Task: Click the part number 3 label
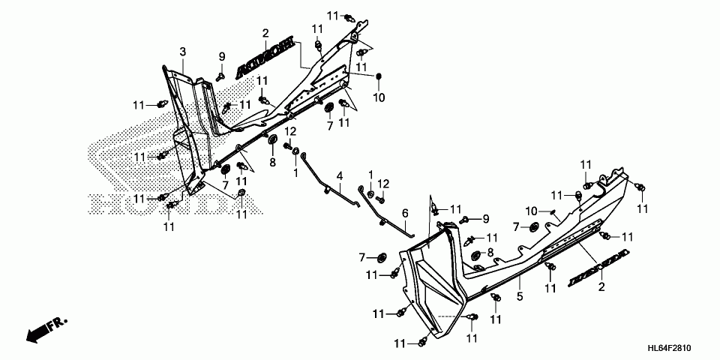(x=182, y=51)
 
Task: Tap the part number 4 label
(x=339, y=176)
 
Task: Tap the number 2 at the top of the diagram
(x=265, y=33)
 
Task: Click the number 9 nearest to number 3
(x=222, y=57)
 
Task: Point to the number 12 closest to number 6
(x=383, y=184)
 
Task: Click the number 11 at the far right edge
(x=642, y=206)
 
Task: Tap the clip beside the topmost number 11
(x=349, y=16)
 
